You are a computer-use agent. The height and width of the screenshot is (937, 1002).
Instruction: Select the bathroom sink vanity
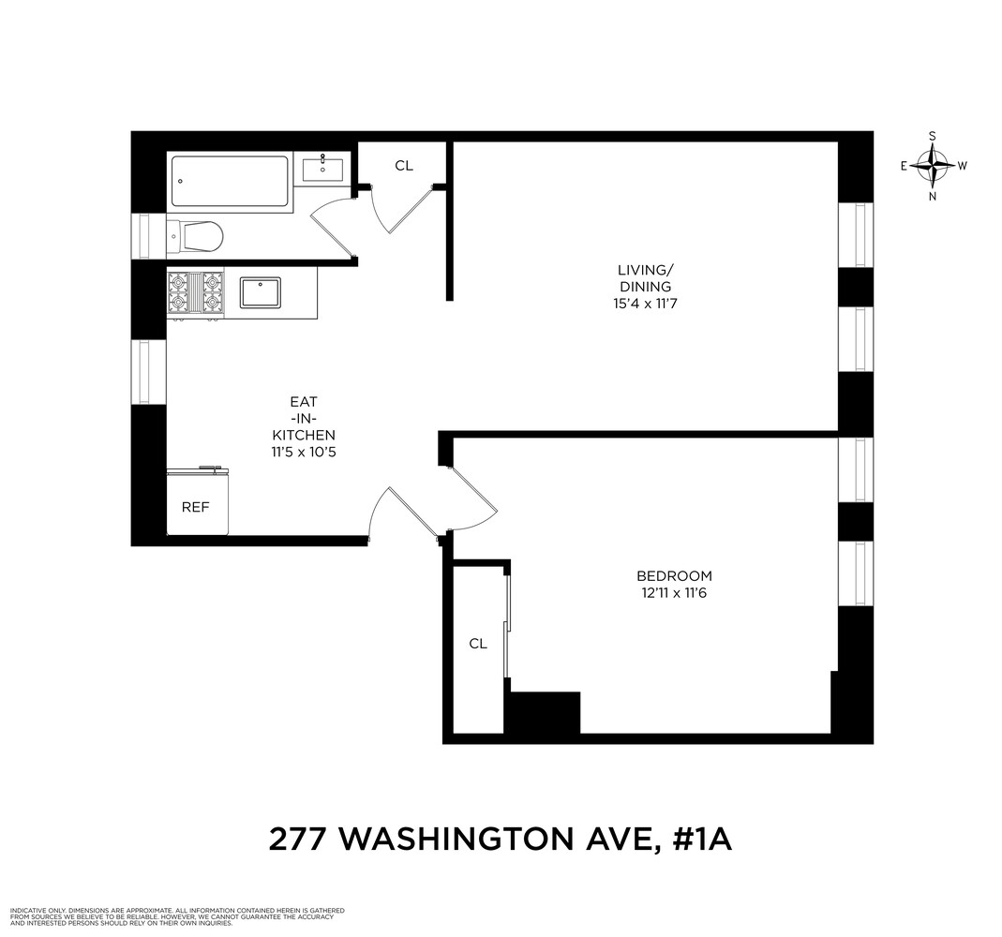(x=323, y=169)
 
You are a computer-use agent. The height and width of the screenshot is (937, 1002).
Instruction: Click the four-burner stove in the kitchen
(x=195, y=291)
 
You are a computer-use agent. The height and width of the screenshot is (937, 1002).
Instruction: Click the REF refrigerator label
(x=195, y=507)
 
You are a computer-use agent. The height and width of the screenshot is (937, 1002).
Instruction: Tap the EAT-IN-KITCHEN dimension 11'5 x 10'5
(x=303, y=452)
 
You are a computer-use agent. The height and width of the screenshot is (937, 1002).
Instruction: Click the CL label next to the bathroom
(x=403, y=166)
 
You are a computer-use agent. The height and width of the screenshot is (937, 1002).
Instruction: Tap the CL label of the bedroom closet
(x=478, y=644)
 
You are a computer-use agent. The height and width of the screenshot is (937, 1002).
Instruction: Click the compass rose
(x=932, y=166)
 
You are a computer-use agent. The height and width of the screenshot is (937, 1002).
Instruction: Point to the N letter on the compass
(x=932, y=197)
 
